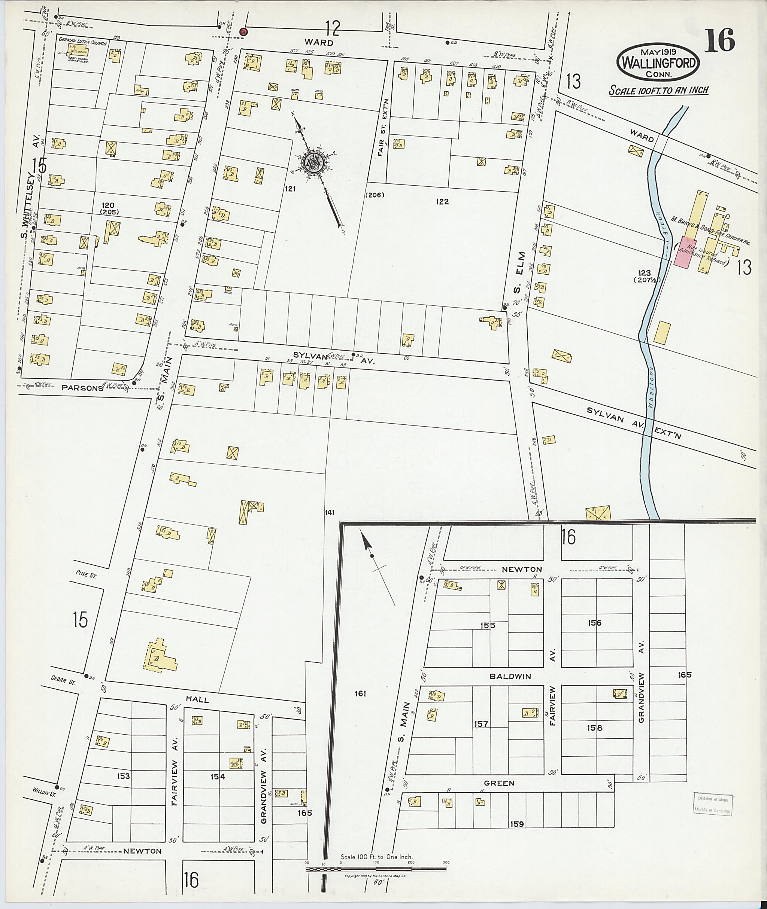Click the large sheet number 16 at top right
tap(719, 40)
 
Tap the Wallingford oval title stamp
tap(657, 62)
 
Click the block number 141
tap(329, 513)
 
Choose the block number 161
tap(360, 694)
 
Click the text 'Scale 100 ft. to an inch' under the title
tap(658, 91)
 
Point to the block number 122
tap(443, 201)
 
